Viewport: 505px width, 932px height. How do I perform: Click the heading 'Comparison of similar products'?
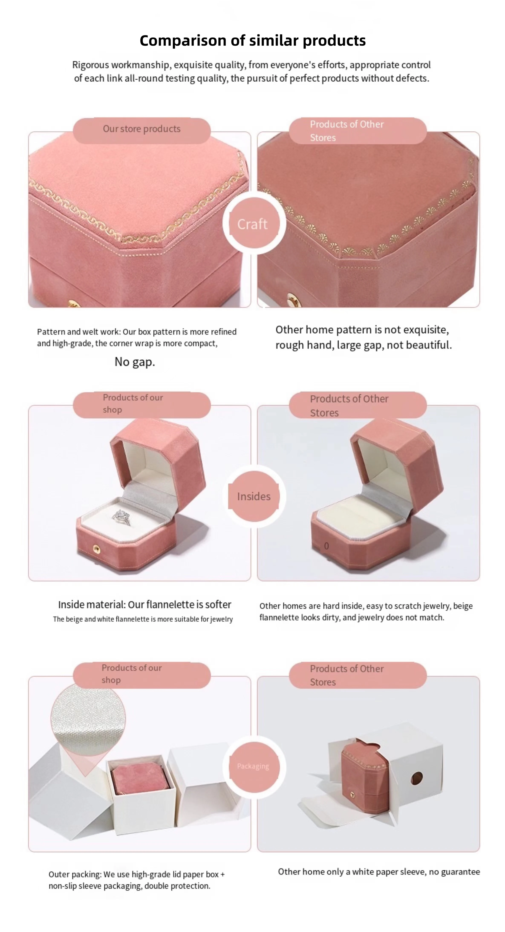point(252,40)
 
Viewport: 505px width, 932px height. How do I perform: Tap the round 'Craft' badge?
point(253,224)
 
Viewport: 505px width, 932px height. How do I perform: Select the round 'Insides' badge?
point(253,496)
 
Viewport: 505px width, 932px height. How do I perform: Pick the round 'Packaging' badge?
point(253,766)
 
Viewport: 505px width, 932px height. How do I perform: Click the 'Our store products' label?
point(141,129)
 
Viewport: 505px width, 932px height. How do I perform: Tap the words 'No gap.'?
point(135,362)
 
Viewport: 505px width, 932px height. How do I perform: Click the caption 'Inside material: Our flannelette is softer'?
point(144,605)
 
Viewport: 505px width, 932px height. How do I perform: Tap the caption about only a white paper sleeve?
point(379,871)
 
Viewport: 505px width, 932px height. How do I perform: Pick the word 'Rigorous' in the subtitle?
point(91,65)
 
